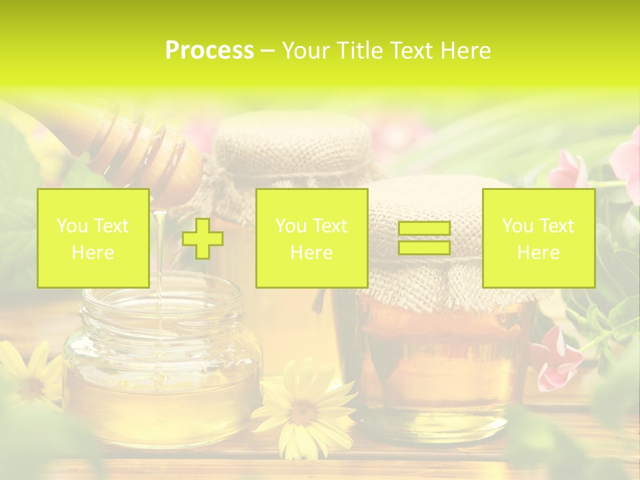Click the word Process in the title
(x=209, y=51)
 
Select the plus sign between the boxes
(x=203, y=239)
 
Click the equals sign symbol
(x=424, y=238)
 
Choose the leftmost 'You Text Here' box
(x=93, y=239)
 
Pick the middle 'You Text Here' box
(x=311, y=239)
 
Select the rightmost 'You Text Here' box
(x=538, y=239)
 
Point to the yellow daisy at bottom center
(x=303, y=410)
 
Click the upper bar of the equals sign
(x=424, y=229)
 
